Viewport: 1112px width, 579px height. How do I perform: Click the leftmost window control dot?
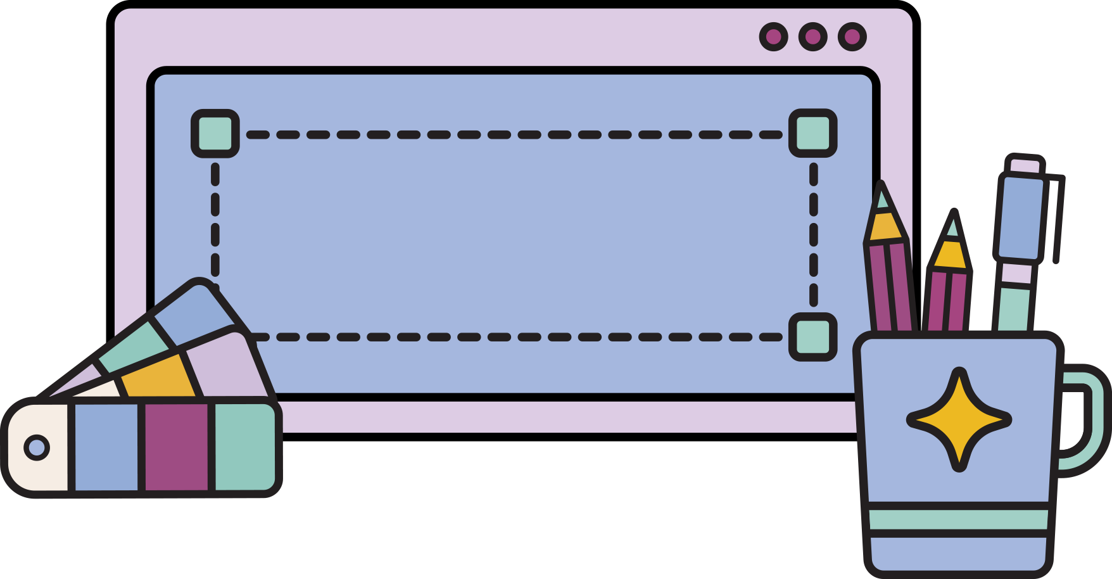tap(773, 37)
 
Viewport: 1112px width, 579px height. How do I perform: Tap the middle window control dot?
tap(812, 37)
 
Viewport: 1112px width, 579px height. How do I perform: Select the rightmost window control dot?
tap(852, 37)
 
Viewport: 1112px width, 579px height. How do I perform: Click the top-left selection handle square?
tap(215, 134)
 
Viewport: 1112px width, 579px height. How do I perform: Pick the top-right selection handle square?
tap(812, 134)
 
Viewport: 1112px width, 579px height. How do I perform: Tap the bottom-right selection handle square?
tap(812, 336)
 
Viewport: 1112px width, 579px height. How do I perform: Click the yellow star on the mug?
tap(959, 420)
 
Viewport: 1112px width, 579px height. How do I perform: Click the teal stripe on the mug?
tap(959, 519)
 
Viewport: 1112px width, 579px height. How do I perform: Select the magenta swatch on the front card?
tap(177, 447)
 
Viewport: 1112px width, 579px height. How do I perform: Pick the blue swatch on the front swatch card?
tap(106, 447)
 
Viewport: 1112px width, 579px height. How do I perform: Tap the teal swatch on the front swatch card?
tap(244, 447)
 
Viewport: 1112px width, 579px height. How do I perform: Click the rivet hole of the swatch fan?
tap(37, 447)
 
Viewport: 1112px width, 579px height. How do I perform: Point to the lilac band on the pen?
tap(1018, 274)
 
